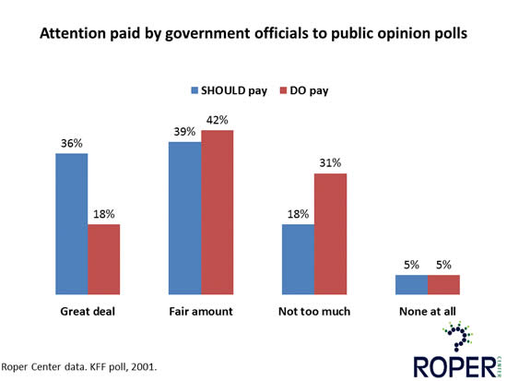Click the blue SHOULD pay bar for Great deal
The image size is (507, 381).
71,222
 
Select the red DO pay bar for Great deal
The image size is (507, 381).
104,257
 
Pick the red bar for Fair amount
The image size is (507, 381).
218,210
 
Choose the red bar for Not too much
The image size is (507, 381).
330,232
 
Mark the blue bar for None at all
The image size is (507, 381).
410,283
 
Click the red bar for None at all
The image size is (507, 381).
443,283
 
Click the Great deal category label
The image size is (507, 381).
88,311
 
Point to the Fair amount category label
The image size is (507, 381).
201,311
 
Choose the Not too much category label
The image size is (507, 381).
313,311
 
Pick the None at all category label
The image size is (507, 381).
427,311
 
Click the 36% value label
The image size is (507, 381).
71,143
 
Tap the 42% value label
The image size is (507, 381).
218,120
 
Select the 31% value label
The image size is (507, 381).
330,163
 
